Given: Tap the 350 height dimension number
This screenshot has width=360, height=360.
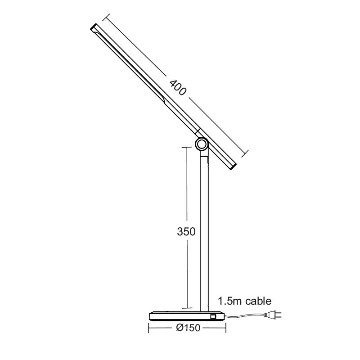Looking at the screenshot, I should click(x=185, y=232).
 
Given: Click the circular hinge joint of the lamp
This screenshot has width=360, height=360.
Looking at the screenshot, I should click(x=201, y=144).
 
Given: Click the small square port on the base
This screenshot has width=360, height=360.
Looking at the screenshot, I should click(x=213, y=317).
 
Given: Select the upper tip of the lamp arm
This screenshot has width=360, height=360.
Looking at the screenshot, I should click(x=94, y=28).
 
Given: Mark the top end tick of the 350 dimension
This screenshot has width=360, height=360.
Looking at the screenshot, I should click(x=185, y=146).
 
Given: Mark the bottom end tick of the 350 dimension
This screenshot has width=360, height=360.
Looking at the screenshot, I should click(x=185, y=305).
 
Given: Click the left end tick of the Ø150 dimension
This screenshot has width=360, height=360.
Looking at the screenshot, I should click(x=149, y=328).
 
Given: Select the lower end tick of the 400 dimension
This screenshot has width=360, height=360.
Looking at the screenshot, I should click(x=246, y=154).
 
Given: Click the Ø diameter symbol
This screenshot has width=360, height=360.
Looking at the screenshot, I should click(x=179, y=328).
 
